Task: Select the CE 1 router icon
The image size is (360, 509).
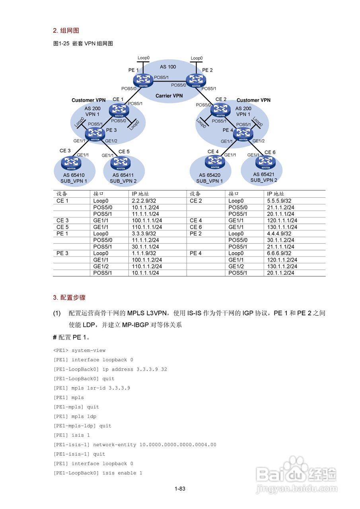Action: coord(119,110)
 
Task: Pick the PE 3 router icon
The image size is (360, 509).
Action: coord(95,134)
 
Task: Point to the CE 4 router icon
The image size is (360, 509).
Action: coord(214,161)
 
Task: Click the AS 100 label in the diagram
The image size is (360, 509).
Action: coord(168,66)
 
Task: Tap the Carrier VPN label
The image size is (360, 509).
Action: coord(169,96)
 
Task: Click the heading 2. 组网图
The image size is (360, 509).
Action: coord(66,31)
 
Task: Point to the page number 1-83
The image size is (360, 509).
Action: coord(180,489)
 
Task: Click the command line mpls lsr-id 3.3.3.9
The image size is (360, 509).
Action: coord(91,388)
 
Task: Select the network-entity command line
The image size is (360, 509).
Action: coord(135,445)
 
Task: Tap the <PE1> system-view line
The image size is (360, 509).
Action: coord(79,350)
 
